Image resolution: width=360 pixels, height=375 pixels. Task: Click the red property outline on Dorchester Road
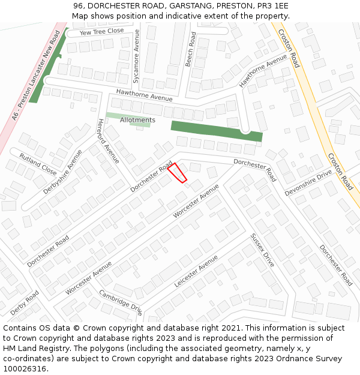pos(177,172)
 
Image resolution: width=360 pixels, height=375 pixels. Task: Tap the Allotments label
pos(137,120)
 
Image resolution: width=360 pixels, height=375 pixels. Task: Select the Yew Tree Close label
pos(101,31)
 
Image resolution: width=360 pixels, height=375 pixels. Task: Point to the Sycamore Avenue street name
pos(136,55)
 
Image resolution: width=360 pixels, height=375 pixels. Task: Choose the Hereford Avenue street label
pos(108,142)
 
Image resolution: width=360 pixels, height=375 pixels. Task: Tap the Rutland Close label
pos(38,164)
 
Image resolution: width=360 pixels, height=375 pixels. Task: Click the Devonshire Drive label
pos(308,182)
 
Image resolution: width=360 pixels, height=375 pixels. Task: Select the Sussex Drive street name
pos(263,250)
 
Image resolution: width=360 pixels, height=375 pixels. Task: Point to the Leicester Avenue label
pos(196,272)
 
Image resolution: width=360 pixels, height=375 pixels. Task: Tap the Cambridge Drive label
pos(121,303)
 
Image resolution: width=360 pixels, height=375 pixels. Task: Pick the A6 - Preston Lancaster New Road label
pos(40,77)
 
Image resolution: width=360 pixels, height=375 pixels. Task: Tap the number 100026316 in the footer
pos(25,369)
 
